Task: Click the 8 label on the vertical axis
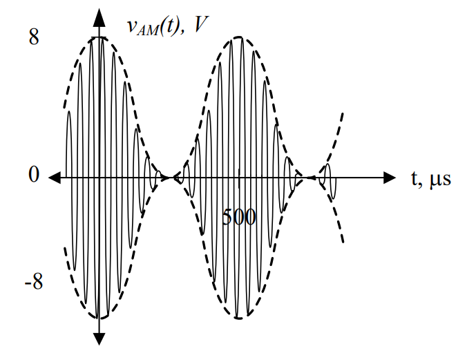pos(34,37)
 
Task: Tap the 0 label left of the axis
pos(34,175)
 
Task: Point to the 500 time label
pos(239,218)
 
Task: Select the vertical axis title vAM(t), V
pos(168,26)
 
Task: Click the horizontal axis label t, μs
pos(431,179)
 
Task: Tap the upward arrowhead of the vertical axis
pos(99,17)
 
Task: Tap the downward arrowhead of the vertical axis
pos(99,339)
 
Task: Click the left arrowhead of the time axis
pos(55,178)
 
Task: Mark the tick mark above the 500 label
pos(239,178)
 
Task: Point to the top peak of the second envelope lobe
pos(238,37)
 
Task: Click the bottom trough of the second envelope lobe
pos(238,318)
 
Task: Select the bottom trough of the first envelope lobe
pos(99,318)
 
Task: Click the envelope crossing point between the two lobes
pos(169,178)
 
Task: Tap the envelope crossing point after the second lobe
pos(310,178)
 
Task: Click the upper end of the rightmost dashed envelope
pos(343,113)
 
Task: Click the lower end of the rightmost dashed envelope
pos(343,243)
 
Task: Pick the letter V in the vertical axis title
pos(200,24)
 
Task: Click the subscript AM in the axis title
pos(148,31)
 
